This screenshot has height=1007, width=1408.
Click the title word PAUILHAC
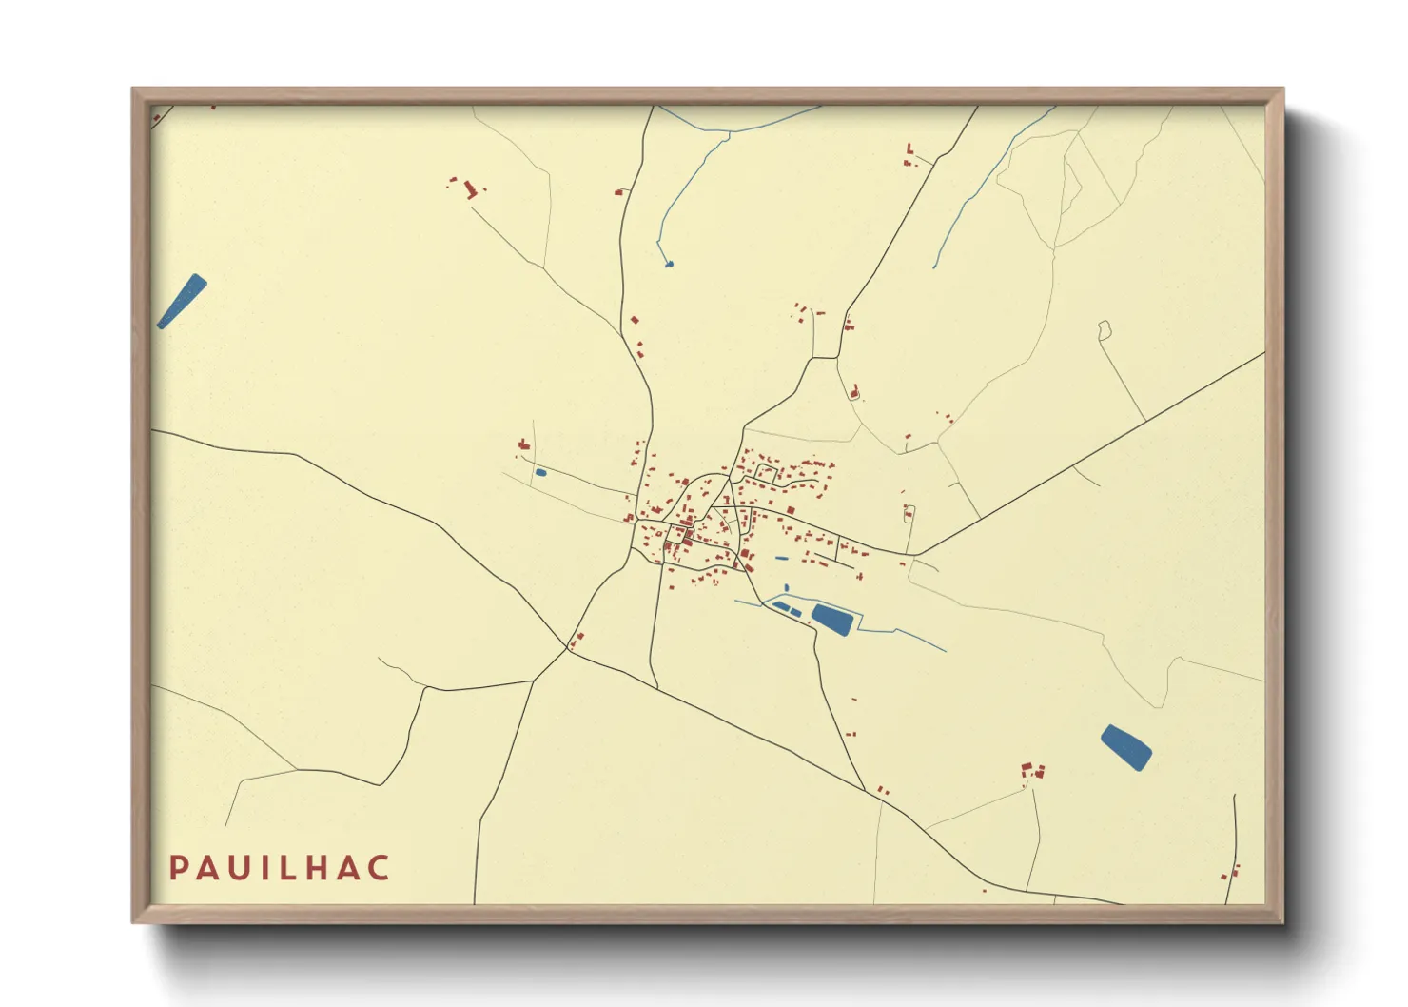coord(280,868)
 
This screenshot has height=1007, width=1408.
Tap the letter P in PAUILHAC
coord(177,868)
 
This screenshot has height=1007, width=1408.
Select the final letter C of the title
coord(380,868)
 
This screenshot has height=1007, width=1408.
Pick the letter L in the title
coord(288,868)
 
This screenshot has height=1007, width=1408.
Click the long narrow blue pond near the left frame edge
coord(182,301)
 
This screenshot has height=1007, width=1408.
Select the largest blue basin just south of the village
coord(832,619)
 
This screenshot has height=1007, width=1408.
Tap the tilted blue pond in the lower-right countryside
coord(1126,746)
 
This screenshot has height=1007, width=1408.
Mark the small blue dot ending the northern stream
coord(670,264)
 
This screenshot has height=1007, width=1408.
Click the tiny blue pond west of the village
coord(540,472)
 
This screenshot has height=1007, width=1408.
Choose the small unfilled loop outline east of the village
coord(1105,330)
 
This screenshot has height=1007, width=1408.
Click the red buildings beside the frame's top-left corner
coord(157,117)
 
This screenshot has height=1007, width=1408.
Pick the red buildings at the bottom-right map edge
coord(1232,872)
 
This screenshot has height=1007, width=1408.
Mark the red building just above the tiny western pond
coord(523,444)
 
